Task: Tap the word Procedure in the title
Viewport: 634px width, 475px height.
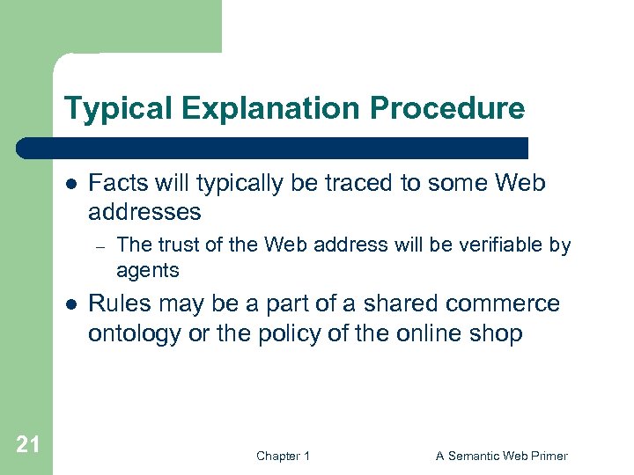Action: coord(447,109)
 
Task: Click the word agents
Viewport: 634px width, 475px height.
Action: coord(148,270)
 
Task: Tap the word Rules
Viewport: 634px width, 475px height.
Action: coord(119,303)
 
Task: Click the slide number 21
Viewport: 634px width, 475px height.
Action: coord(27,444)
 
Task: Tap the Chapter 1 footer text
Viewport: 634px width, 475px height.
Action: coord(283,456)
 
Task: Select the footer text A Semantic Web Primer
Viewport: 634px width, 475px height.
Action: coord(502,456)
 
